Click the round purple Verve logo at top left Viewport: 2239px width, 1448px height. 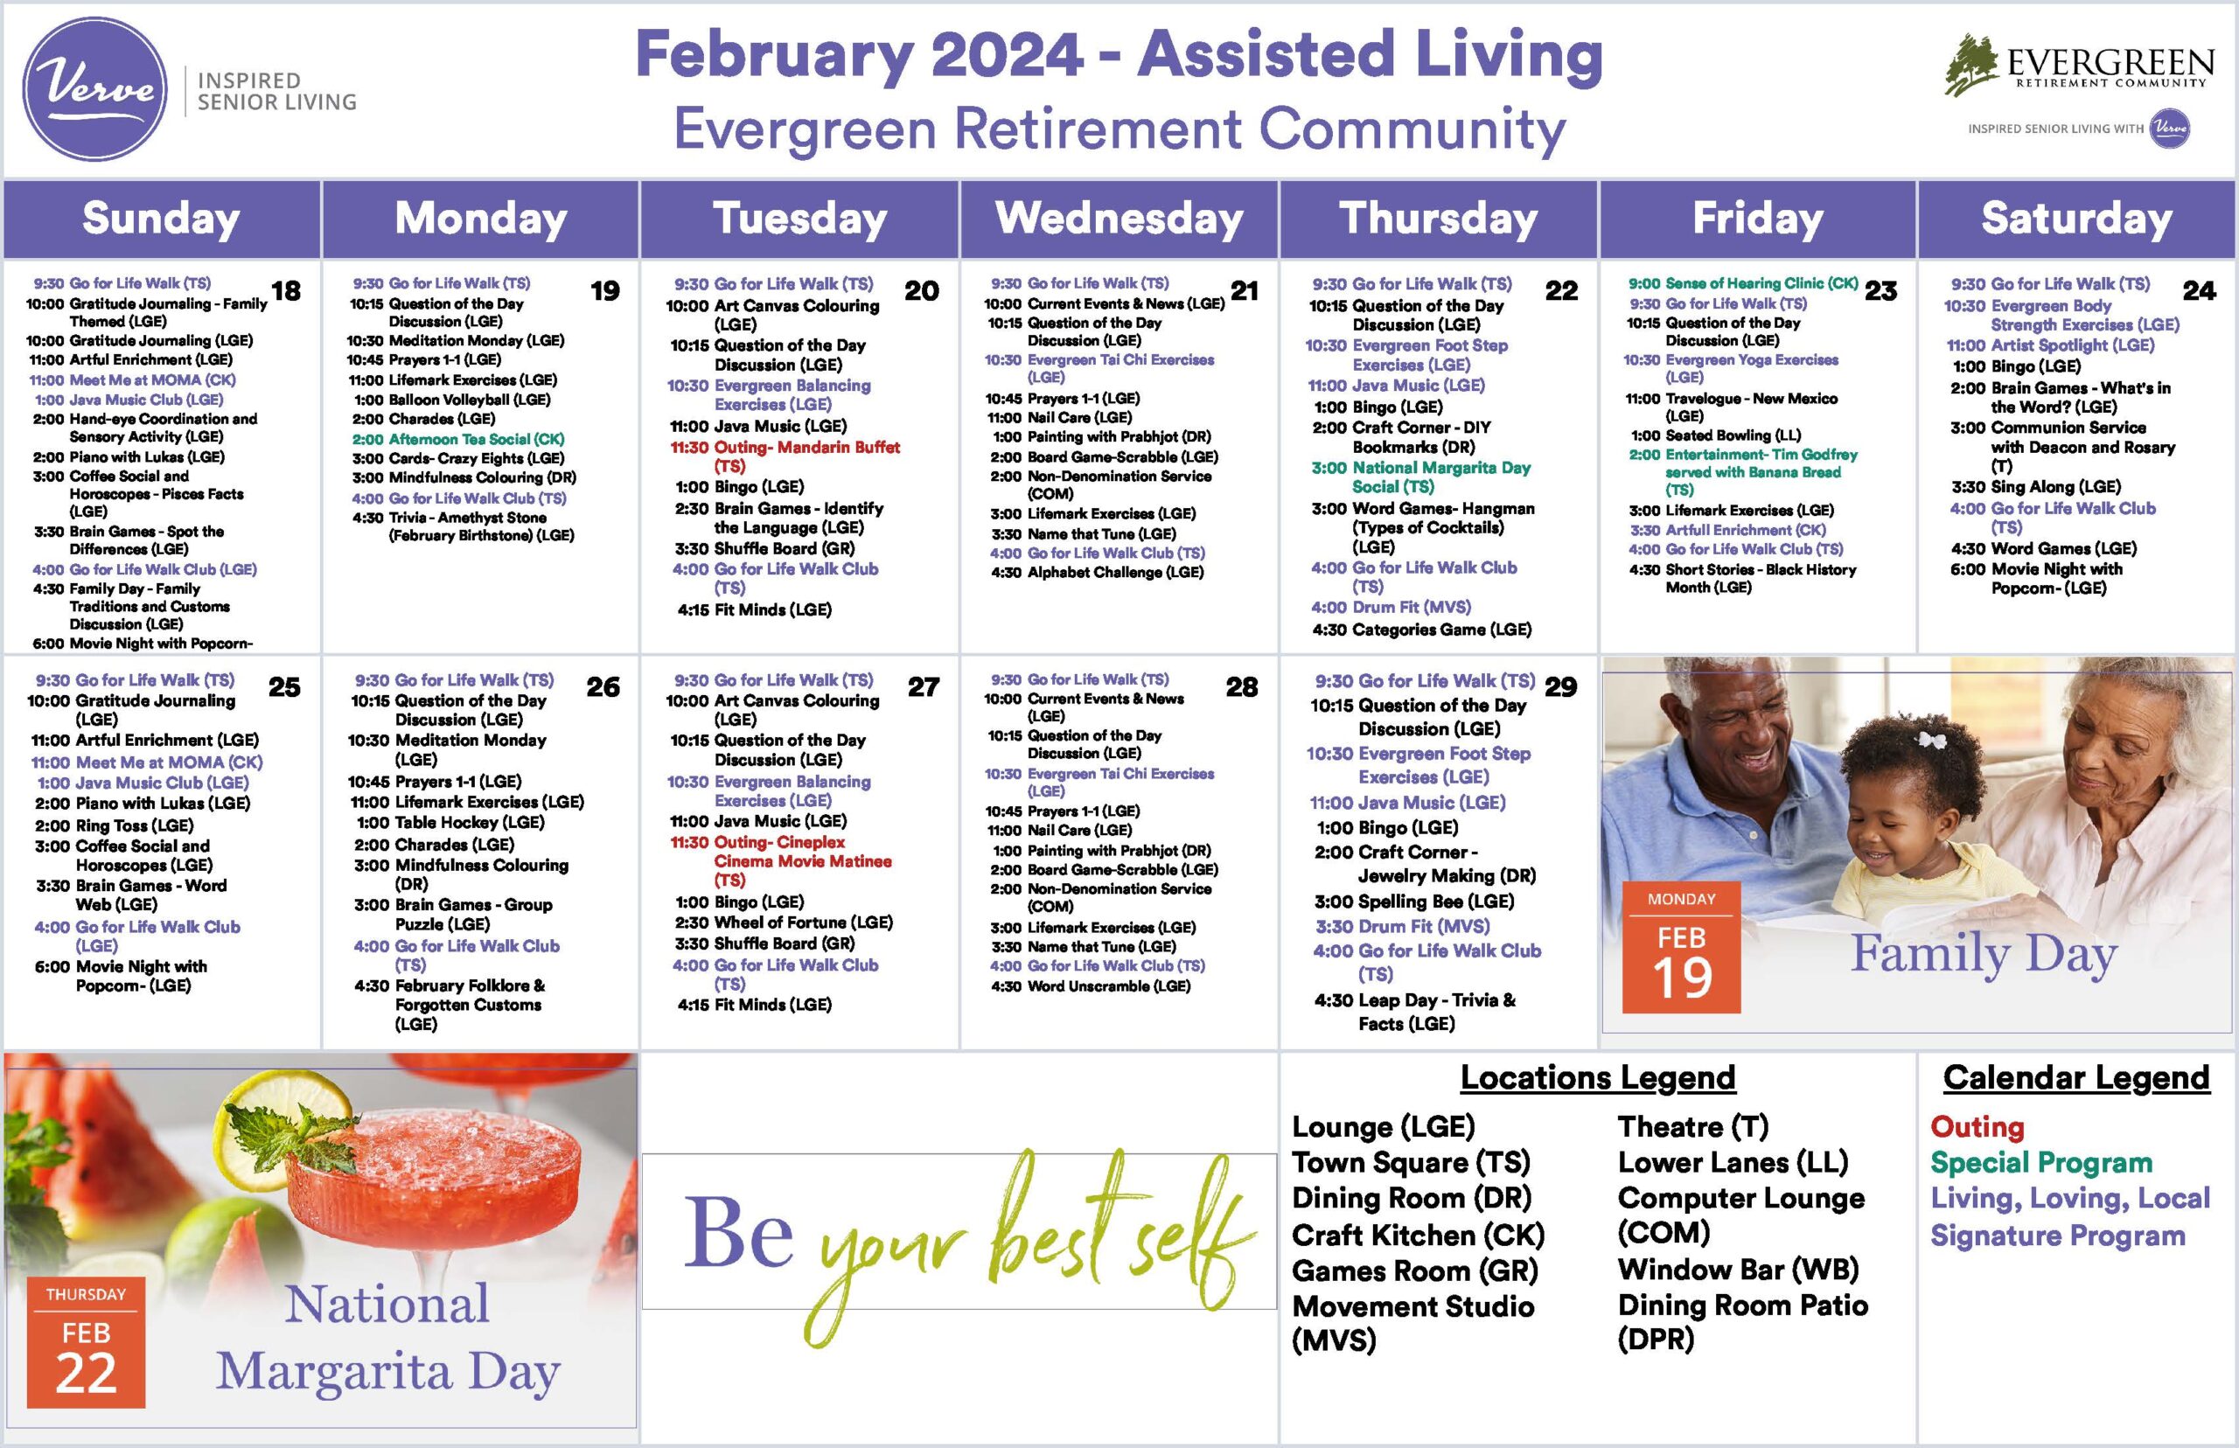(x=94, y=89)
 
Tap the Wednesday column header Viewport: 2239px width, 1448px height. (x=1119, y=218)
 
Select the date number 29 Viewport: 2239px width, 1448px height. (x=1560, y=687)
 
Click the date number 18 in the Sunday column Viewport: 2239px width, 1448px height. (x=286, y=291)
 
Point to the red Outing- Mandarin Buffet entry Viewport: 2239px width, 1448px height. (x=785, y=456)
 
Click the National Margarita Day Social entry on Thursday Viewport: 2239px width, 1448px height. (x=1421, y=477)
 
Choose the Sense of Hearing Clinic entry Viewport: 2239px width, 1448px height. (x=1742, y=283)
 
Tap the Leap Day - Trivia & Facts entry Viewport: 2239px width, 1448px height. (x=1414, y=1012)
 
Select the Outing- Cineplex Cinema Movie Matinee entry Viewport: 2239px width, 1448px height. (x=780, y=861)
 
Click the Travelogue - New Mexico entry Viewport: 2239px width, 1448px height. (x=1731, y=407)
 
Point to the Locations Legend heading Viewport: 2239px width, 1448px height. (x=1597, y=1077)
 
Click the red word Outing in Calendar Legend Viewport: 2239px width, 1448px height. (x=1977, y=1126)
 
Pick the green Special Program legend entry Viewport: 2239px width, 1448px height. (x=2040, y=1163)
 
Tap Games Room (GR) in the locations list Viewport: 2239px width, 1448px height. (x=1414, y=1271)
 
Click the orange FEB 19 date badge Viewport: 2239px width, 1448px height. (x=1681, y=947)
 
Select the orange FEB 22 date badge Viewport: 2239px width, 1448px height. (x=86, y=1341)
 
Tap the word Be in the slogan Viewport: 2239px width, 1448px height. (x=739, y=1233)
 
